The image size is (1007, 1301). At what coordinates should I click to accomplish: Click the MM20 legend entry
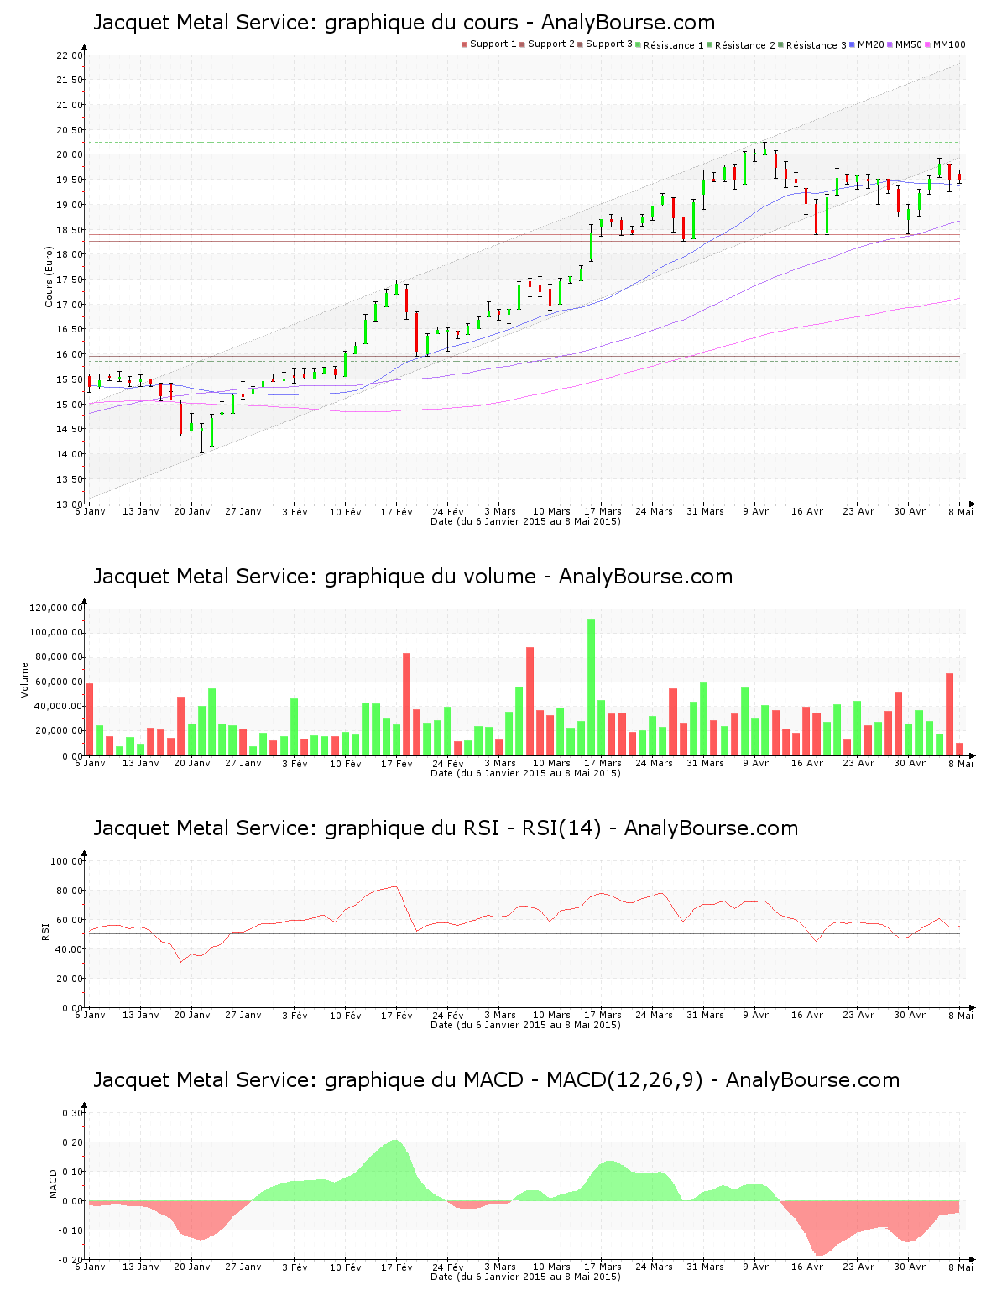click(869, 44)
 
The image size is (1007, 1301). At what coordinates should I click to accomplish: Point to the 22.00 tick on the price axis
click(69, 55)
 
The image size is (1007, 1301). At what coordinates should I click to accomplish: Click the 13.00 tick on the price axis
click(69, 504)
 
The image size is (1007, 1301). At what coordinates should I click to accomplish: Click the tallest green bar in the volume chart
click(592, 687)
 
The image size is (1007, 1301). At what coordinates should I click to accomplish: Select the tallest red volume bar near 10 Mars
click(530, 701)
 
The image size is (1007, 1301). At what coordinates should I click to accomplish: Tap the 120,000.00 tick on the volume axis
click(56, 609)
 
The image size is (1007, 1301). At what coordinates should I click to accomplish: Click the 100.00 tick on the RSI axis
click(66, 861)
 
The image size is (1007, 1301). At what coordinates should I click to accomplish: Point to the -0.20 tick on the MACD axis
click(70, 1260)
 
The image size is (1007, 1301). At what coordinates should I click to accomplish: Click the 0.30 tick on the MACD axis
click(72, 1113)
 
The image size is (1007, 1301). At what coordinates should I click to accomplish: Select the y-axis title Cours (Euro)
click(50, 277)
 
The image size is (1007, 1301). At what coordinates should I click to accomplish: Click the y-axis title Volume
click(25, 680)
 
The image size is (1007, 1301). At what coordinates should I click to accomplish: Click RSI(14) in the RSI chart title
click(561, 828)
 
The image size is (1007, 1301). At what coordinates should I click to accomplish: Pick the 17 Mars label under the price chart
click(603, 511)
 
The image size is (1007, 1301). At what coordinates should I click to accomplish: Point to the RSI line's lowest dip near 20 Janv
click(180, 962)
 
